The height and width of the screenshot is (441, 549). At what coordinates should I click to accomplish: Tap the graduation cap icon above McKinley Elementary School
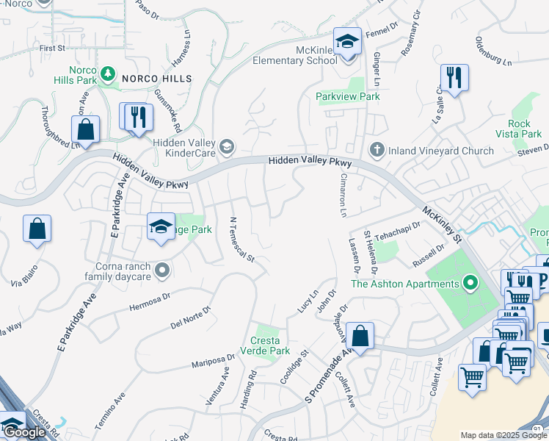tap(347, 41)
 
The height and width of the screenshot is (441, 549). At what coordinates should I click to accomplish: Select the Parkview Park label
tap(347, 96)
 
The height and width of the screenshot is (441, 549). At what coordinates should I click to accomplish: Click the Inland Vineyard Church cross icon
tap(377, 150)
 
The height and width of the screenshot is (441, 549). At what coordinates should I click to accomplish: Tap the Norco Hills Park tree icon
tap(108, 73)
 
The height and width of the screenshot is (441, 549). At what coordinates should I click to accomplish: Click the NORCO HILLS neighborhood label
tap(156, 78)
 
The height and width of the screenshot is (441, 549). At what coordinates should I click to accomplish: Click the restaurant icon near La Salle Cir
tap(454, 78)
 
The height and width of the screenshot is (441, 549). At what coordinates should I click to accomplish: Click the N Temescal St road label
tap(241, 240)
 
